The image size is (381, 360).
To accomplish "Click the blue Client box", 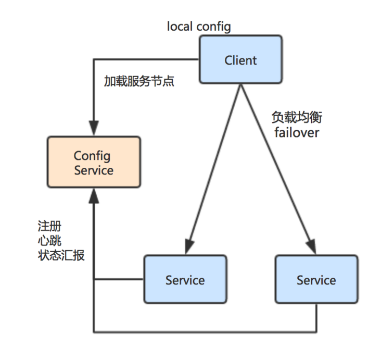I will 240,60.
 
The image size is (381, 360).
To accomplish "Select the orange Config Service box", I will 94,162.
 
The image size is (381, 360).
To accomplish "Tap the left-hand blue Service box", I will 185,279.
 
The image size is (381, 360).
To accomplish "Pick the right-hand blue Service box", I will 316,279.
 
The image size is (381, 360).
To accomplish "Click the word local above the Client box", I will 179,26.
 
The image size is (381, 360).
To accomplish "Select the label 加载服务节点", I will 139,82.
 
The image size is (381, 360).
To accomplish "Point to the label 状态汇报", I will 61,255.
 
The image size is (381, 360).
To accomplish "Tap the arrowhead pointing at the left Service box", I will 188,247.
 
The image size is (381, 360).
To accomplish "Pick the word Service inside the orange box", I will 94,170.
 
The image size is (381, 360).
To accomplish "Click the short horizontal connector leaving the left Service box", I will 119,279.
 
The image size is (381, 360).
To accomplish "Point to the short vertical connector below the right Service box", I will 316,317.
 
